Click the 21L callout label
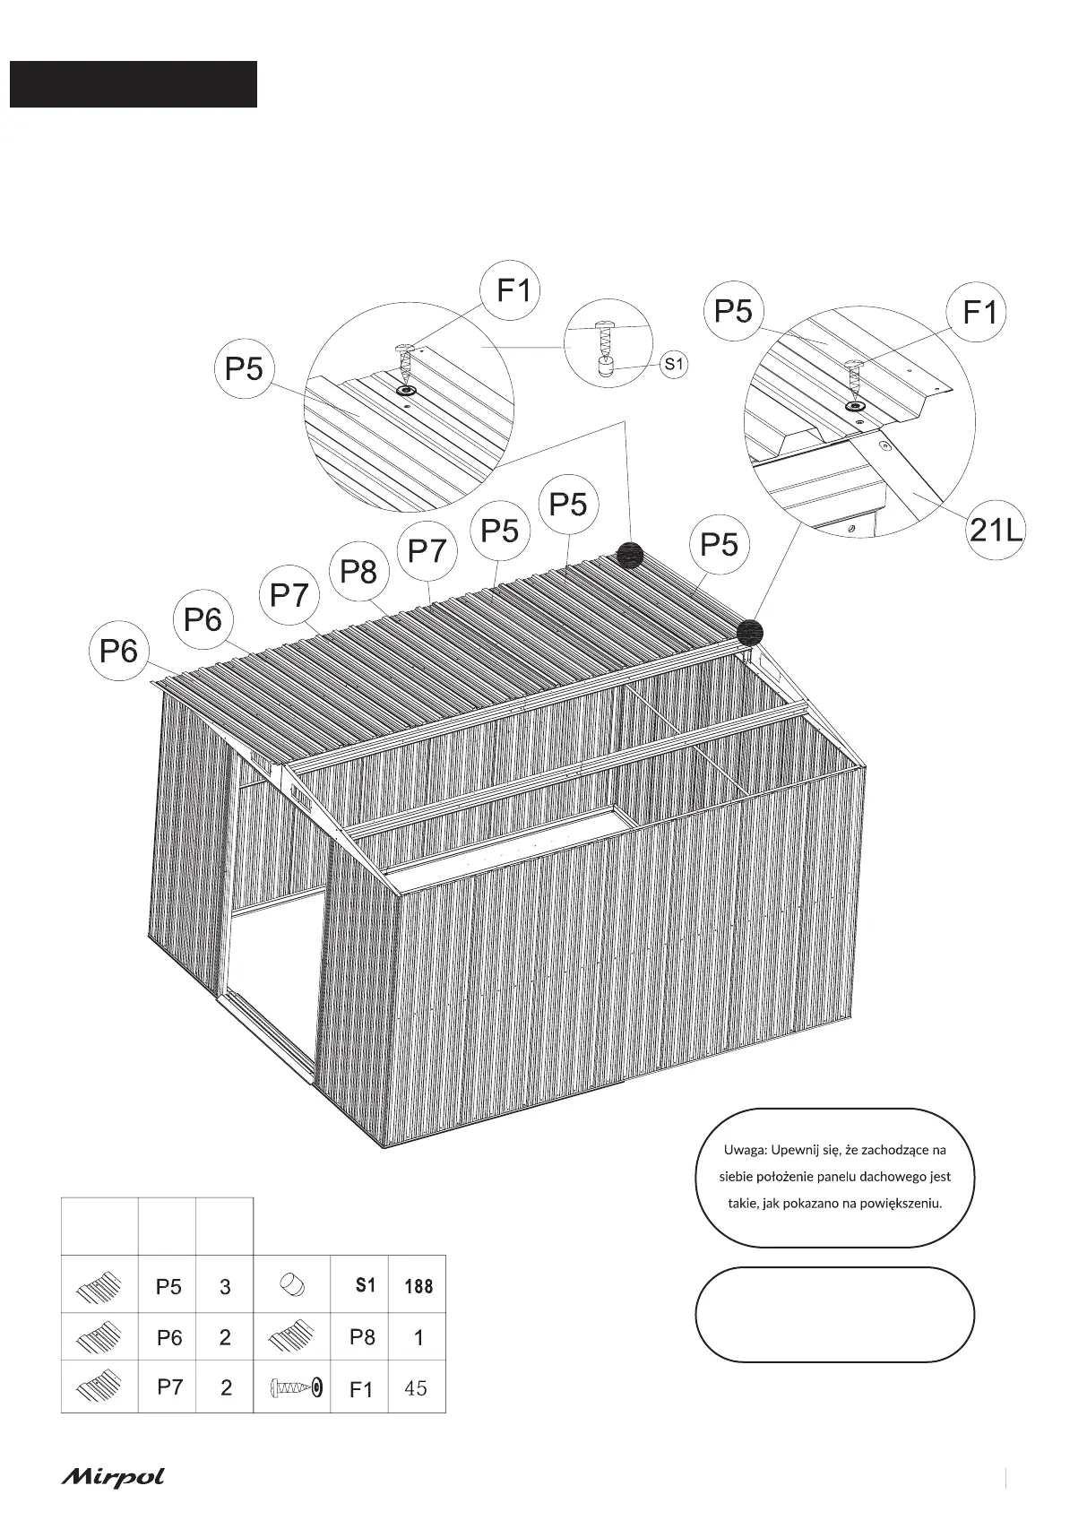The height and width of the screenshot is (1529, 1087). click(x=995, y=531)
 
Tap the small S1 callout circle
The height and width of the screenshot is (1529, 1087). click(x=674, y=364)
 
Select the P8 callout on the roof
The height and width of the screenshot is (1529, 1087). click(x=359, y=571)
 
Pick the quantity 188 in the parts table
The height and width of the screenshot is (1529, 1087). click(x=418, y=1286)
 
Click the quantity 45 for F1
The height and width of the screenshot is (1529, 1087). click(x=416, y=1388)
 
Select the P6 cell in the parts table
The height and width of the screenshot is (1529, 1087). click(x=168, y=1338)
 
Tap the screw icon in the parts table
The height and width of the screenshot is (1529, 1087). click(x=295, y=1388)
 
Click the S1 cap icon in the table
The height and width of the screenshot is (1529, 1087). click(x=292, y=1286)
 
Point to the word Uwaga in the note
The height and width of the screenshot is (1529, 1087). click(x=743, y=1150)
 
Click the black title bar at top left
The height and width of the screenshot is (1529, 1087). click(x=134, y=84)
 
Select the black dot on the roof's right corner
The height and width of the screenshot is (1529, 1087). click(x=750, y=633)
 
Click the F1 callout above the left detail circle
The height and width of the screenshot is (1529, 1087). click(x=513, y=290)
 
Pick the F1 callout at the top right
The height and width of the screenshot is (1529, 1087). click(x=979, y=313)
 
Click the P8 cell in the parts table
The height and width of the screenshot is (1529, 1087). click(x=361, y=1337)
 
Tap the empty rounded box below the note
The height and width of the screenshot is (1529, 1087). click(x=834, y=1315)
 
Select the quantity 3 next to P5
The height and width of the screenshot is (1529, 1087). click(x=225, y=1286)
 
